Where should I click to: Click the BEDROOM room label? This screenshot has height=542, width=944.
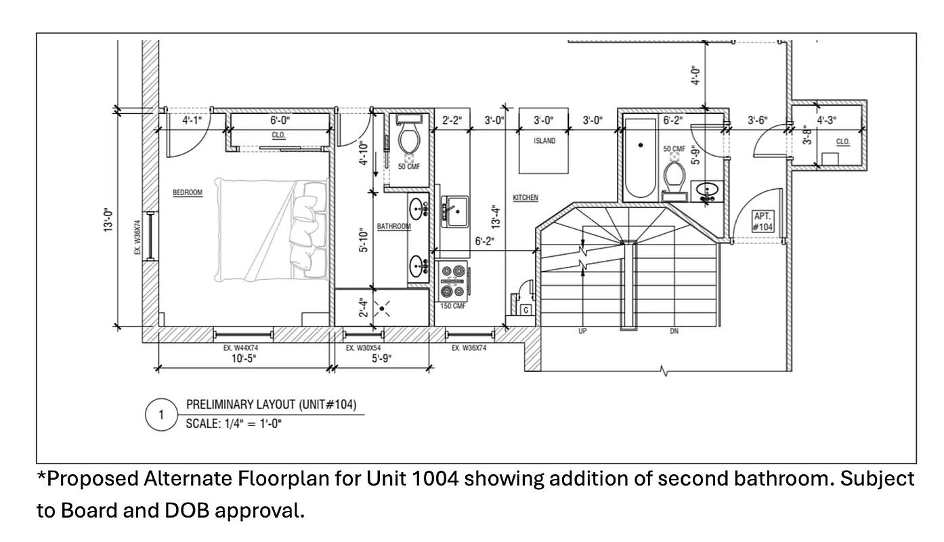[x=188, y=193]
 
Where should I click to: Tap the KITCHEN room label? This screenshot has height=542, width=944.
[x=525, y=198]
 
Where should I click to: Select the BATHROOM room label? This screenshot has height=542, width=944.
[x=393, y=226]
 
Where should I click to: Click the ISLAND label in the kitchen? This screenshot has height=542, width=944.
[x=544, y=142]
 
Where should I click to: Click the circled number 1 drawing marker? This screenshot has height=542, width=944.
[x=161, y=415]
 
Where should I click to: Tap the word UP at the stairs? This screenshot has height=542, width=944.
[x=582, y=332]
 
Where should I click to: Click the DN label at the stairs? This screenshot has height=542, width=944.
[x=674, y=332]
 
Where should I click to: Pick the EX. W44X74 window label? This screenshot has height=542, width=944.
[x=242, y=348]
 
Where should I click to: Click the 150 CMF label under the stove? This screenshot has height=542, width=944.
[x=453, y=306]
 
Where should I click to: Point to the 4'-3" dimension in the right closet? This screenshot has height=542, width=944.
[x=827, y=121]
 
